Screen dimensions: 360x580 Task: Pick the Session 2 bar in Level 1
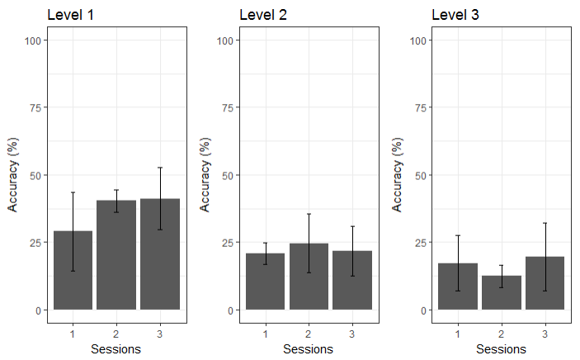tap(116, 255)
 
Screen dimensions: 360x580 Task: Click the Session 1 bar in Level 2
tap(266, 282)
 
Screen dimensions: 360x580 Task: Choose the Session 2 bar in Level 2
tap(309, 277)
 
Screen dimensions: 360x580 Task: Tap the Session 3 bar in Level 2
tap(352, 280)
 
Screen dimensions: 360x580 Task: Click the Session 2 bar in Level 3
tap(501, 292)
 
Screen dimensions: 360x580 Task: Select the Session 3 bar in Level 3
tap(545, 283)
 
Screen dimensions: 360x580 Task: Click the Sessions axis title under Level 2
tap(309, 349)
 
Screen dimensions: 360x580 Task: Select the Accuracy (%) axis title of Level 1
tap(14, 176)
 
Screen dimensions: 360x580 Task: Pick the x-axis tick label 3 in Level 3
tap(545, 334)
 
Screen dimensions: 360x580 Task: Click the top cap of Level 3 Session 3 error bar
tap(545, 223)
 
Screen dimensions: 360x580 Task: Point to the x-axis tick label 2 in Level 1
tap(116, 334)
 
